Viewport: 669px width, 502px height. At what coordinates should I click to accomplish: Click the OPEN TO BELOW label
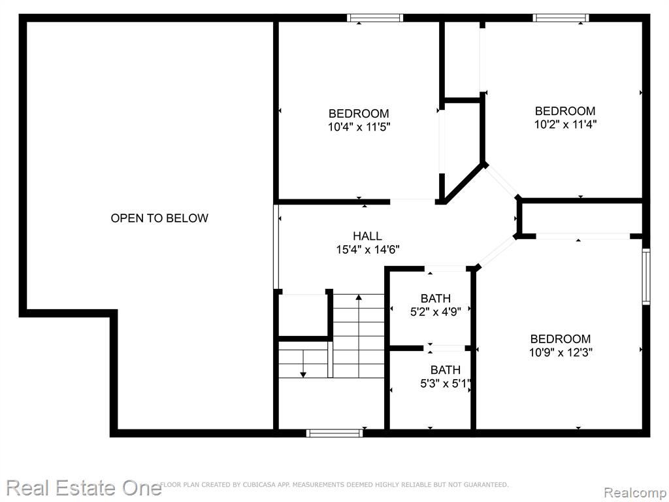pos(159,218)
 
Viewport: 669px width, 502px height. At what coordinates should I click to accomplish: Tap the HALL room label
pos(367,236)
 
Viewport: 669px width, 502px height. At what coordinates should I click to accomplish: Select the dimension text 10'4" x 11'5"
pos(359,127)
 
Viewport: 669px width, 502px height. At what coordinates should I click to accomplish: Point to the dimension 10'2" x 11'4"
pos(565,124)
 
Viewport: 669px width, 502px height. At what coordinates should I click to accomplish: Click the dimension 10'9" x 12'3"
pos(561,352)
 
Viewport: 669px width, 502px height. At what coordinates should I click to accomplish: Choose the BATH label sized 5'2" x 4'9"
pos(436,298)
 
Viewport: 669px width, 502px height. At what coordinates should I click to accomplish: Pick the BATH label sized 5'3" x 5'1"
pos(446,370)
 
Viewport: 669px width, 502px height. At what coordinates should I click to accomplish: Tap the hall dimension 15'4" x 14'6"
pos(368,249)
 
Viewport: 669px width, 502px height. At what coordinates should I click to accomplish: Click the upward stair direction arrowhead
pos(359,297)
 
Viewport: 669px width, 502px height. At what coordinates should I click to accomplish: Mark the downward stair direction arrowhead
pos(303,375)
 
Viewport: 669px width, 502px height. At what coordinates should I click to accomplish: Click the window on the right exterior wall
pos(646,276)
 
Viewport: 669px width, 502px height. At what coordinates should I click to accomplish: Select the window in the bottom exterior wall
pos(334,433)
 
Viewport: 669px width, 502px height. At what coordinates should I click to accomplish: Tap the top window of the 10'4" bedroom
pos(375,18)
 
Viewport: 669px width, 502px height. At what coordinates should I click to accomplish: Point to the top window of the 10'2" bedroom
pos(561,18)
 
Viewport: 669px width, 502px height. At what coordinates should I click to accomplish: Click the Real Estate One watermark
pos(84,488)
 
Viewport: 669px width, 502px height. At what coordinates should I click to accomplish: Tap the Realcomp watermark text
pos(635,493)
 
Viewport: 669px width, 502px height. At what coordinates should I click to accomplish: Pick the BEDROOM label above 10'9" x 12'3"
pos(561,339)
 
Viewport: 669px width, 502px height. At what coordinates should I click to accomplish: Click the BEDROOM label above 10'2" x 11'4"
pos(565,111)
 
